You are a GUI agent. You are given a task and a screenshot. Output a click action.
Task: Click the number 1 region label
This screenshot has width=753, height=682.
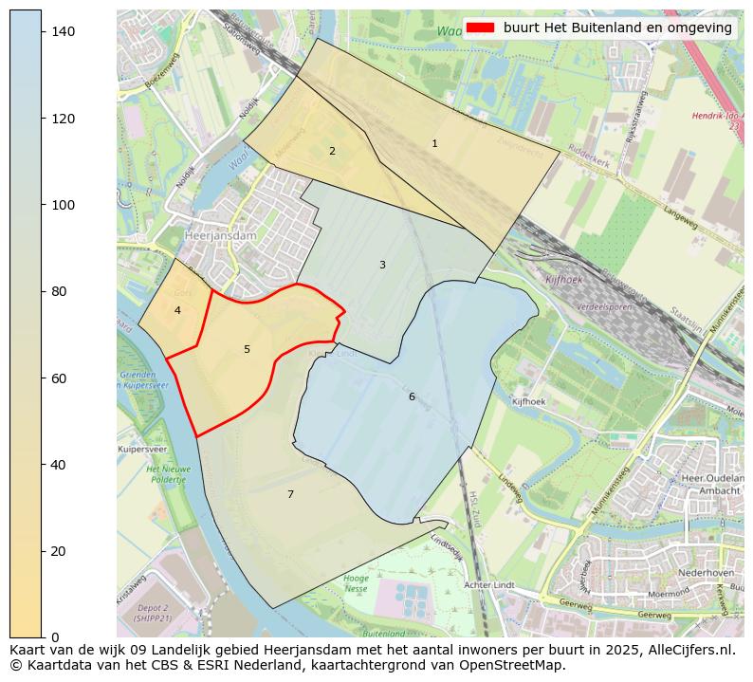pyautogui.click(x=434, y=144)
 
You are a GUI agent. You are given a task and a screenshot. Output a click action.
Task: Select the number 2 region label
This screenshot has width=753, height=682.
pyautogui.click(x=332, y=152)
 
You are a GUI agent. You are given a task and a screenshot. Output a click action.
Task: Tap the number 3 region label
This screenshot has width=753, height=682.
pyautogui.click(x=382, y=266)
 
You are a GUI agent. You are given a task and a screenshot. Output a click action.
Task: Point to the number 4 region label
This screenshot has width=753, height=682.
pyautogui.click(x=177, y=311)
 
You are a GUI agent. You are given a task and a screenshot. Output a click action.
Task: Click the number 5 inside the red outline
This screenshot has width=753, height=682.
pyautogui.click(x=247, y=350)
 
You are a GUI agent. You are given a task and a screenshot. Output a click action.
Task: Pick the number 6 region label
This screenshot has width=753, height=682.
pyautogui.click(x=412, y=397)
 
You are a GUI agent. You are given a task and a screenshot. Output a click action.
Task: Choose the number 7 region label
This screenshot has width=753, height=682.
pyautogui.click(x=290, y=495)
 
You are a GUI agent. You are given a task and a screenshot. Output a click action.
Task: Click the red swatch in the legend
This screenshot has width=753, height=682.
pyautogui.click(x=480, y=28)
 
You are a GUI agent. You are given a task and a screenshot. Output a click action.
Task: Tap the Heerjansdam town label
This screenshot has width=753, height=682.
pyautogui.click(x=195, y=236)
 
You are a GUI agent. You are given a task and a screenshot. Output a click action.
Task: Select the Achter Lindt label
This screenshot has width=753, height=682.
pyautogui.click(x=488, y=585)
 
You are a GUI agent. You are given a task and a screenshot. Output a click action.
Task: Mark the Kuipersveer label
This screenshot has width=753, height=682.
pyautogui.click(x=142, y=449)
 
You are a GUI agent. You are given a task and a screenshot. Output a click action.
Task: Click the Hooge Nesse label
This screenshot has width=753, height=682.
pyautogui.click(x=356, y=583)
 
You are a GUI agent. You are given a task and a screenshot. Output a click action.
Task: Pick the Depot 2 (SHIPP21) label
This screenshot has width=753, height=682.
pyautogui.click(x=153, y=613)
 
